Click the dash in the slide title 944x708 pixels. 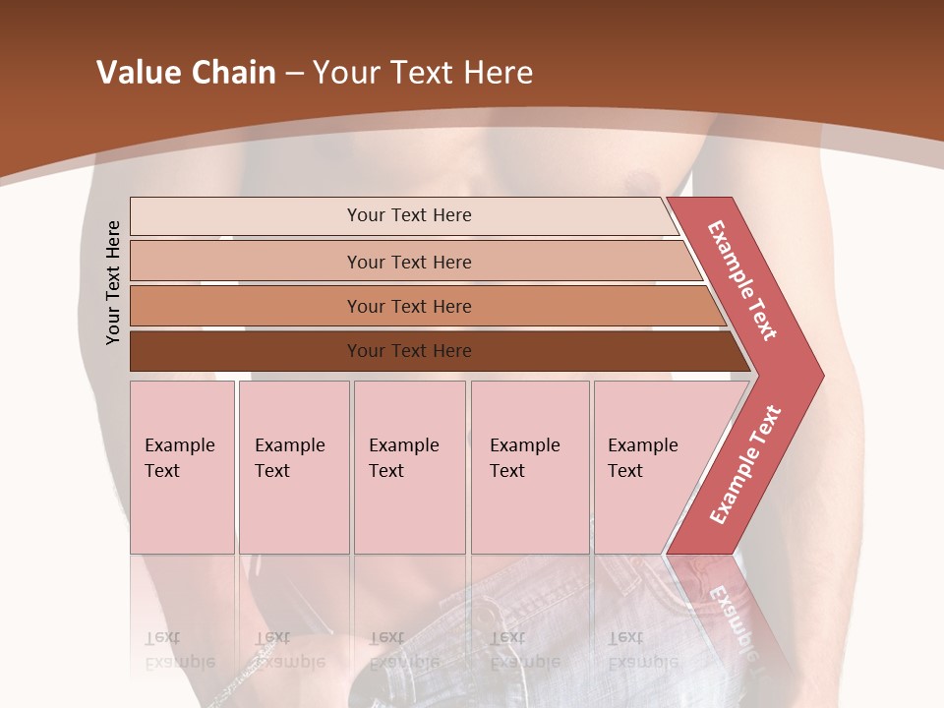pos(294,74)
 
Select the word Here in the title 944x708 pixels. pos(498,73)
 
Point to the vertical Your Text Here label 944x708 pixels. pos(113,282)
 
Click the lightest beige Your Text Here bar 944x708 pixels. pos(408,215)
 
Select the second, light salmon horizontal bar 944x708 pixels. pos(408,262)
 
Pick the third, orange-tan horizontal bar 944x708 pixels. pos(408,306)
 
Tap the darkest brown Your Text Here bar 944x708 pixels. pos(408,351)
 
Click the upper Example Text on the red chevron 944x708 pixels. pos(742,280)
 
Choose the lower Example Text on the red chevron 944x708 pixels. pos(745,464)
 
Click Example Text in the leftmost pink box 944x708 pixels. pos(180,458)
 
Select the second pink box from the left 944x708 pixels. pos(293,467)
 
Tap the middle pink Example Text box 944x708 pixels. pos(409,467)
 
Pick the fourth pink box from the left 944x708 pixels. pos(529,467)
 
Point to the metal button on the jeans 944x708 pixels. pos(485,619)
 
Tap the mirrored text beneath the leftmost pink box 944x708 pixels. pos(180,650)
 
